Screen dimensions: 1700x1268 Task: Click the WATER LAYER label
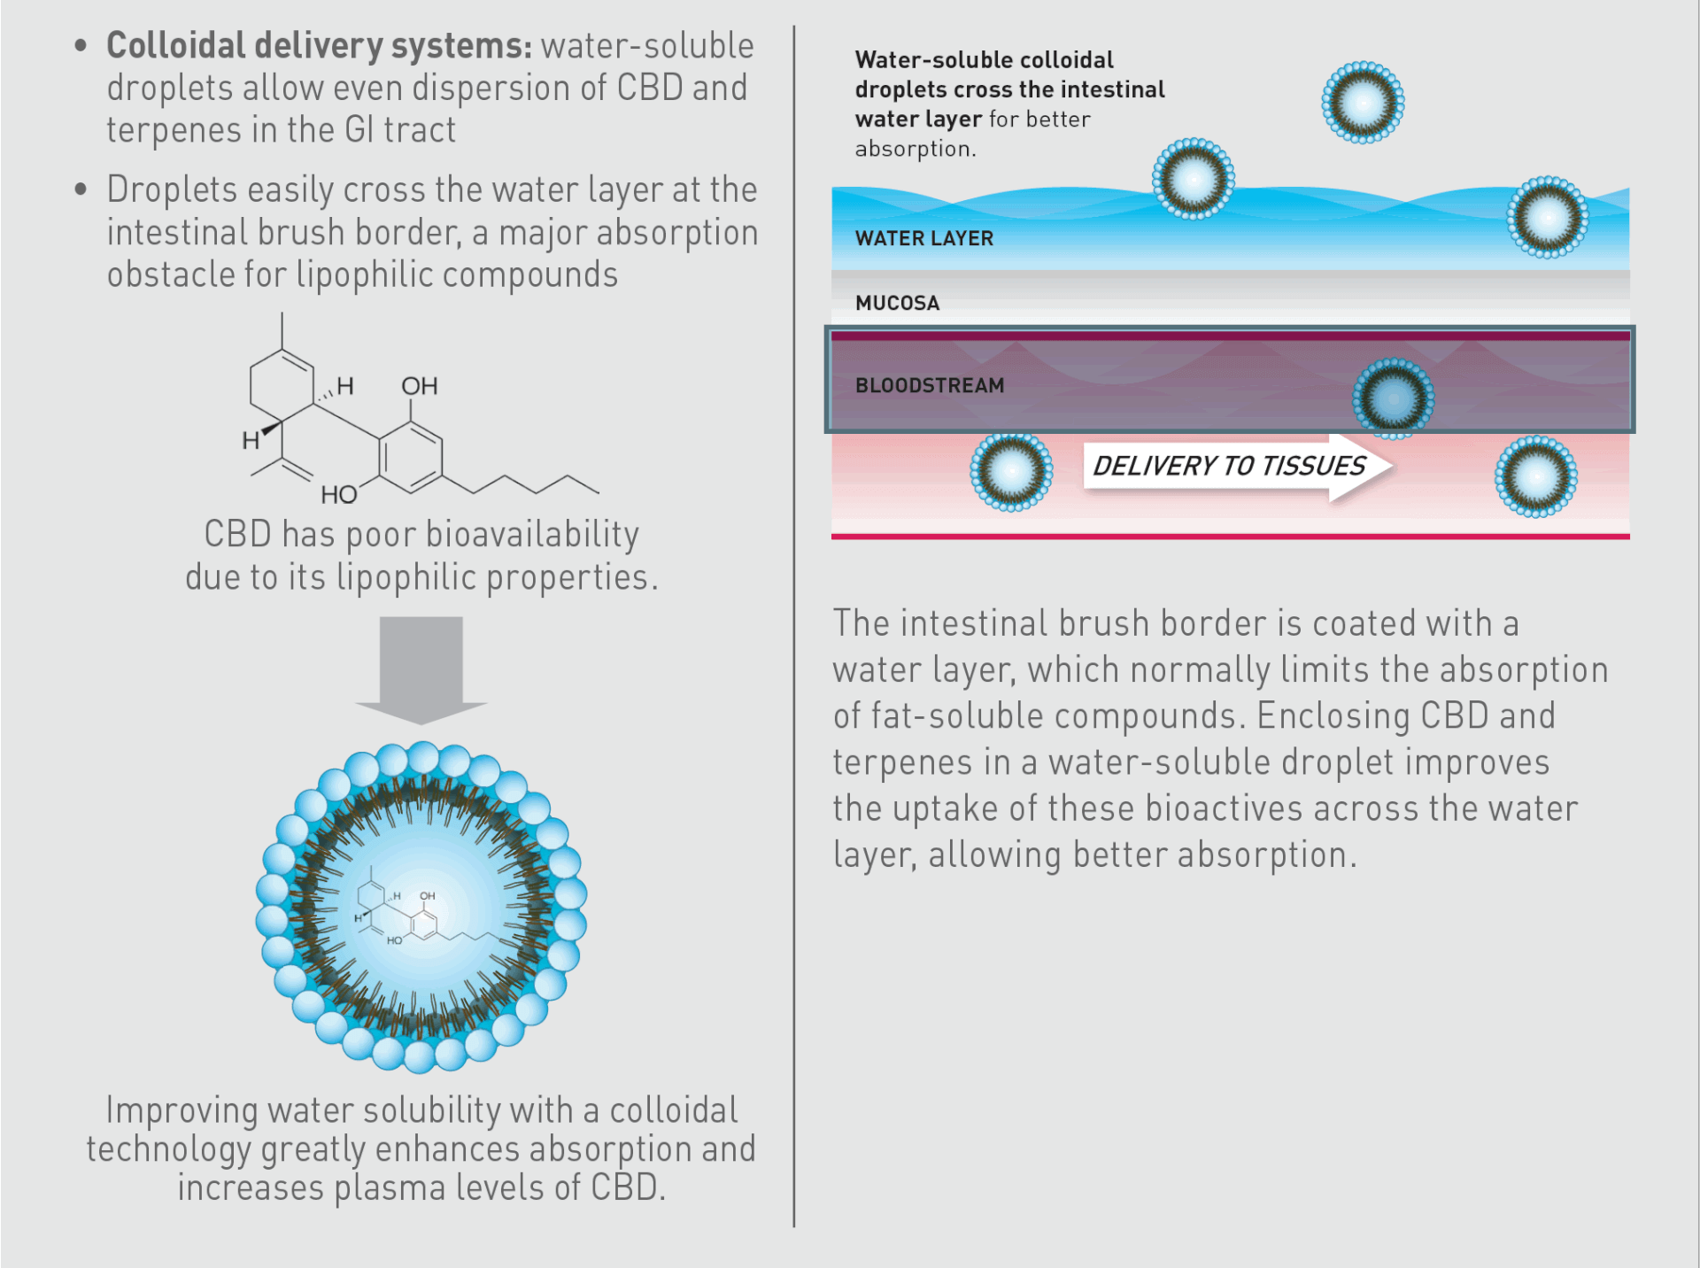tap(923, 238)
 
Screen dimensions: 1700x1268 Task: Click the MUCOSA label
tap(897, 303)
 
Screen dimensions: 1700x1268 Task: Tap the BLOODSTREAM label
tap(930, 385)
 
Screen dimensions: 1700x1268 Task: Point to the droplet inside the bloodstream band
tap(1393, 398)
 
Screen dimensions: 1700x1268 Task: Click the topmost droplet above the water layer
tap(1363, 102)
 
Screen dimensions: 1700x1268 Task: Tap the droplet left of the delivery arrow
tap(1011, 472)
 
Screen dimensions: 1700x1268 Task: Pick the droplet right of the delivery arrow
tap(1536, 476)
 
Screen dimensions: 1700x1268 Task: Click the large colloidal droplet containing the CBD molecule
tap(421, 907)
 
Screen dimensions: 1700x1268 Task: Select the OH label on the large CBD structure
tap(420, 386)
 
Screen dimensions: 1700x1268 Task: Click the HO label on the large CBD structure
tap(339, 494)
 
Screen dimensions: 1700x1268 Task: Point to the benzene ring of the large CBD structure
tap(411, 457)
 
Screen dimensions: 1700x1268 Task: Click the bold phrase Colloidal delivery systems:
tap(320, 46)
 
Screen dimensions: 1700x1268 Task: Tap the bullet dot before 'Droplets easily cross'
tap(81, 189)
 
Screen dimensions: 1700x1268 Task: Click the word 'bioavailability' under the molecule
tap(532, 535)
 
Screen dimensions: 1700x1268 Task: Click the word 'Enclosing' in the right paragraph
tap(1333, 716)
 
